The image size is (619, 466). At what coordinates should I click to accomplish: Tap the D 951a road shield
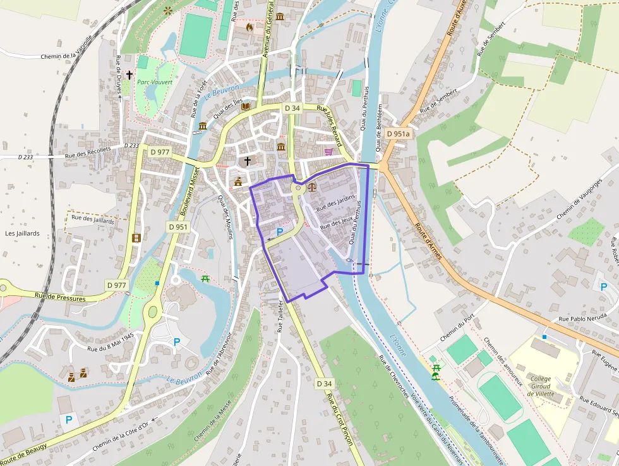pyautogui.click(x=398, y=133)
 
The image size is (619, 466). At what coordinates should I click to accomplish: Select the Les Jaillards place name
pyautogui.click(x=22, y=233)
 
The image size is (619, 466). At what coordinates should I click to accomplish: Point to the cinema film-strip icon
pyautogui.click(x=137, y=238)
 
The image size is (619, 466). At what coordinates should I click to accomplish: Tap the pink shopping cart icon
pyautogui.click(x=328, y=151)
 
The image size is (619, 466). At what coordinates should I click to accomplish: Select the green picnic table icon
pyautogui.click(x=205, y=278)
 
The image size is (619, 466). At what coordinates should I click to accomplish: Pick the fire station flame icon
pyautogui.click(x=249, y=27)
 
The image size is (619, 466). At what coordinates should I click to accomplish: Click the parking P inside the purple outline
pyautogui.click(x=280, y=232)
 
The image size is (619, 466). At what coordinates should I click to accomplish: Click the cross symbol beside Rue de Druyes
pyautogui.click(x=129, y=75)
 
